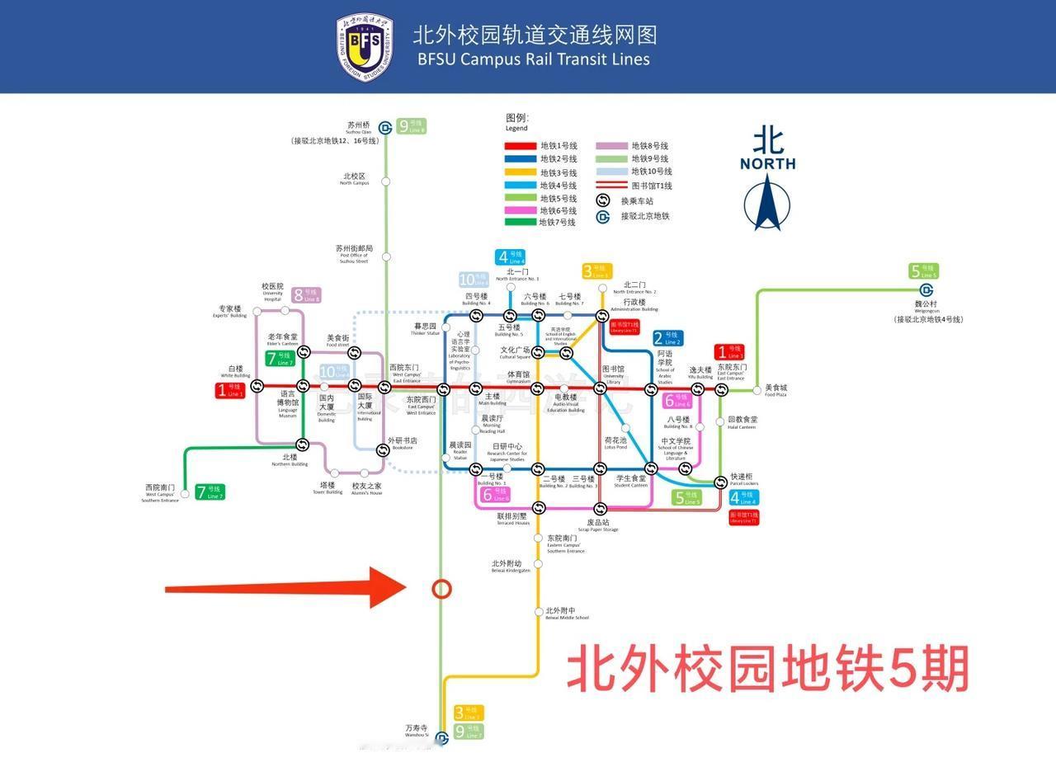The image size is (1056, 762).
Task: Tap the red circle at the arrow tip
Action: tap(442, 588)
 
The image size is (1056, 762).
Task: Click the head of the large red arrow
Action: tap(388, 588)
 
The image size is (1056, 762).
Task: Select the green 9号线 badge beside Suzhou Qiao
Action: tap(411, 126)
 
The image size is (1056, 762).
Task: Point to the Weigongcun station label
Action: tap(928, 307)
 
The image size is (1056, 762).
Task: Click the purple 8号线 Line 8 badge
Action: tap(305, 294)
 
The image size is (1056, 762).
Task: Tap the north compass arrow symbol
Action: tap(767, 202)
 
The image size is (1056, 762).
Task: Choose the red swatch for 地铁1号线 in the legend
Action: tap(520, 146)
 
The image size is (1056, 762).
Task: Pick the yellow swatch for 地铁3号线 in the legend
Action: tap(520, 172)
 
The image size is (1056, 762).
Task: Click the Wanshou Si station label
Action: tap(417, 731)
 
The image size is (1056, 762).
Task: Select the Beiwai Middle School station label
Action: tap(566, 614)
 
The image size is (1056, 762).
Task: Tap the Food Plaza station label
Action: tap(776, 390)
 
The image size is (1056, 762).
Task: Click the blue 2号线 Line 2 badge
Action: tap(667, 338)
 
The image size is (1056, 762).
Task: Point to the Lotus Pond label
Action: tap(615, 443)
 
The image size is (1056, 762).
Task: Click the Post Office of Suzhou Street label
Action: tap(354, 252)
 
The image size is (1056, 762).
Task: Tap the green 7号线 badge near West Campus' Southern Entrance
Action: tap(210, 492)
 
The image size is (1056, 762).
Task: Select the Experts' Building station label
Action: tap(230, 311)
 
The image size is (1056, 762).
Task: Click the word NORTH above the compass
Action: tap(767, 163)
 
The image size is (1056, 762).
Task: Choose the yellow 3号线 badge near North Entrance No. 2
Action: tap(597, 271)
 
